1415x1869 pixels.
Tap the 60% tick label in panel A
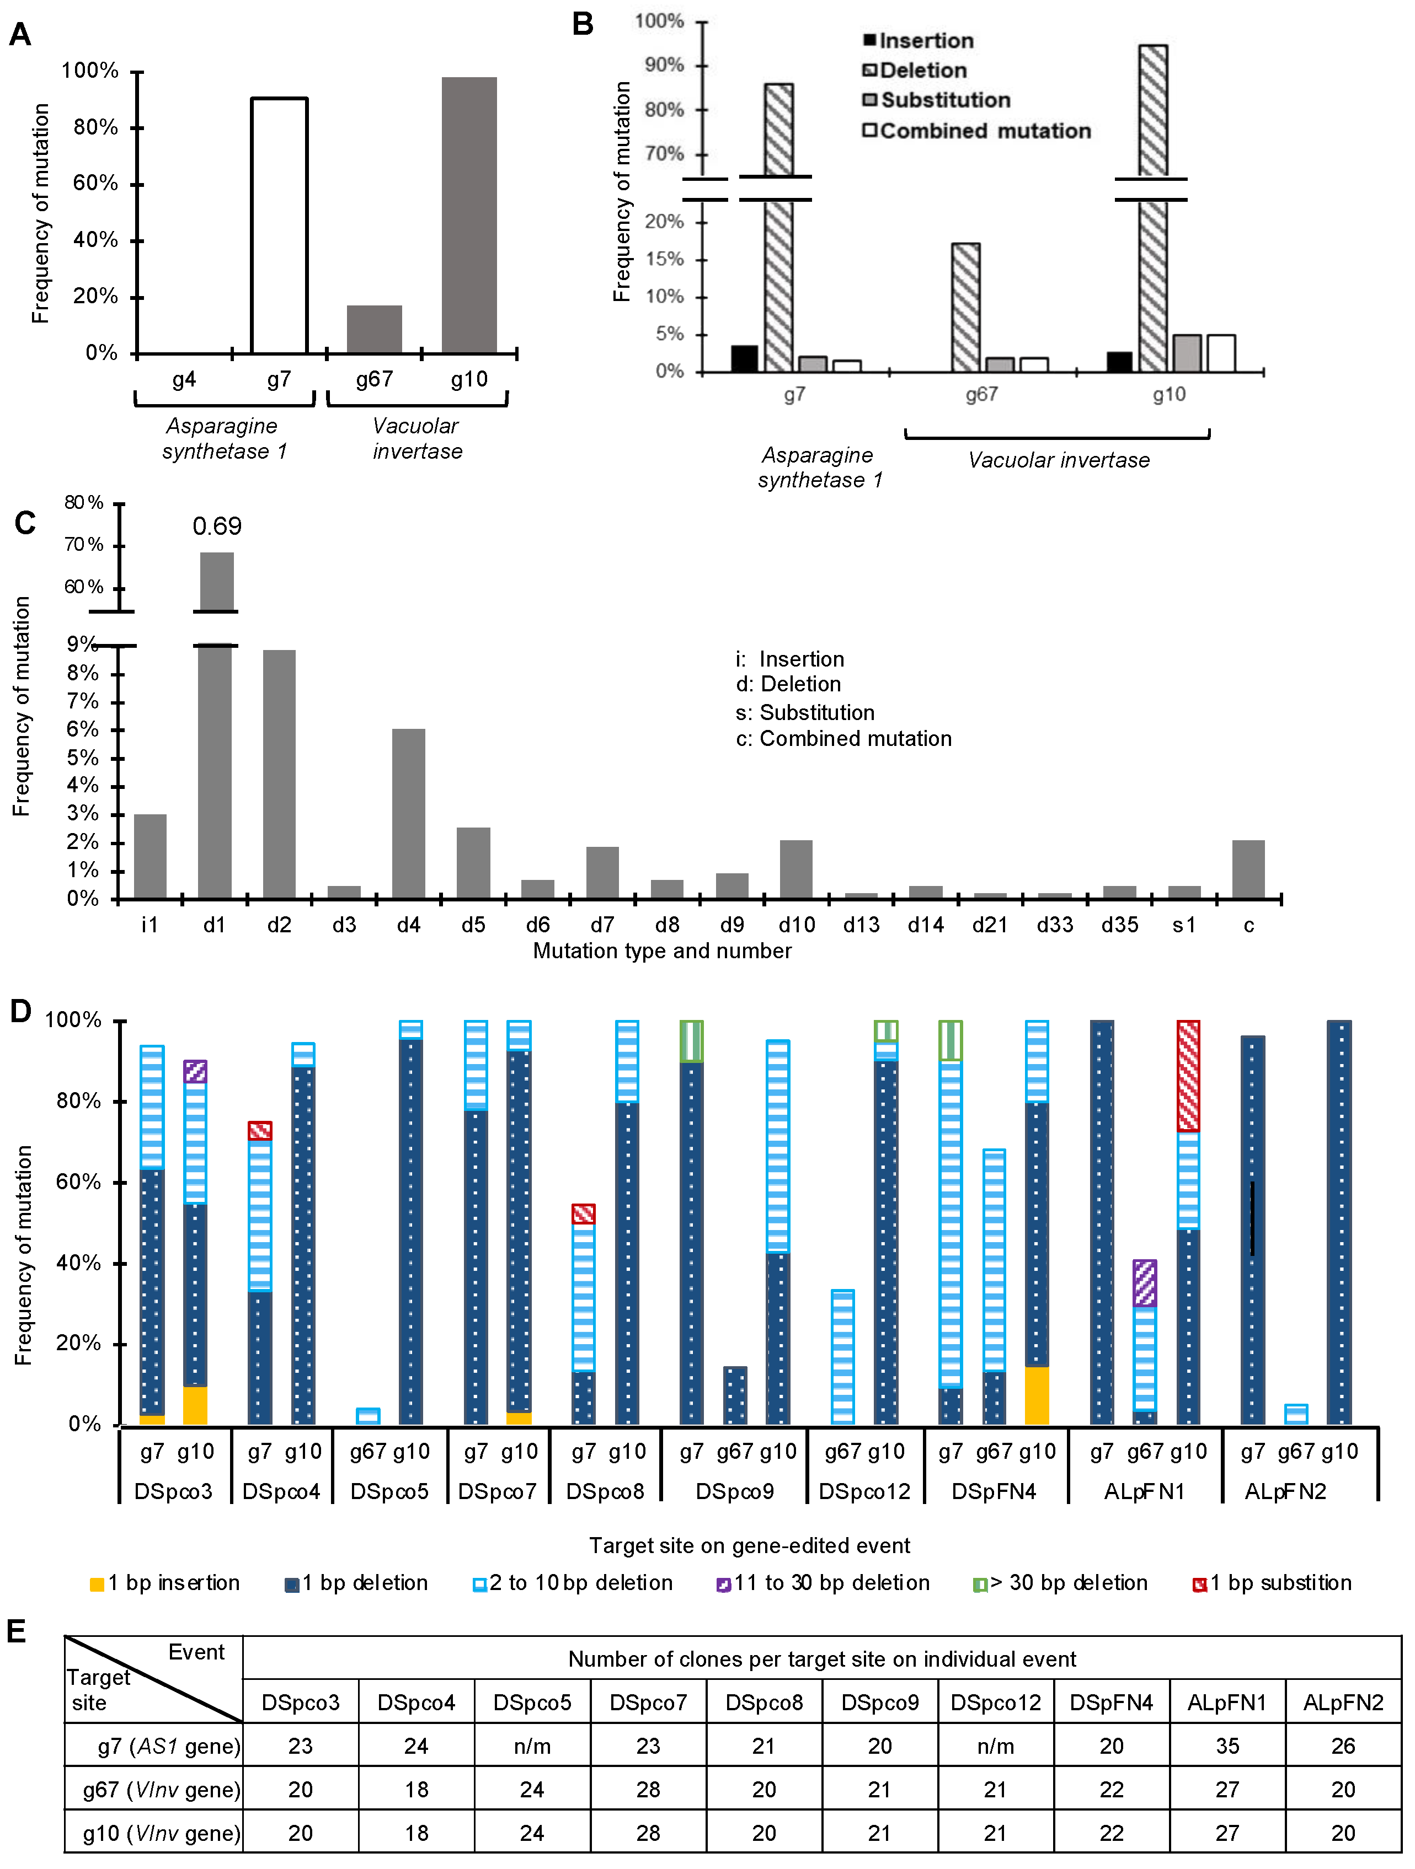tap(95, 184)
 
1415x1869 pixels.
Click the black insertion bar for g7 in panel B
tap(744, 359)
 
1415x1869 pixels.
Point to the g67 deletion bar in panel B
tap(966, 308)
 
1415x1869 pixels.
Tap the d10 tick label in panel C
tap(796, 925)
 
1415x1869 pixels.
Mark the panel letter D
tap(20, 1011)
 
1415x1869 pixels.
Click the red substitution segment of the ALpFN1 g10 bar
tap(1188, 1076)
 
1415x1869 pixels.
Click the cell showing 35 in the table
tap(1226, 1746)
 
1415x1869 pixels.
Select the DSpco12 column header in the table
tap(995, 1702)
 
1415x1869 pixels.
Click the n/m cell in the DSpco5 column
tap(532, 1746)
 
